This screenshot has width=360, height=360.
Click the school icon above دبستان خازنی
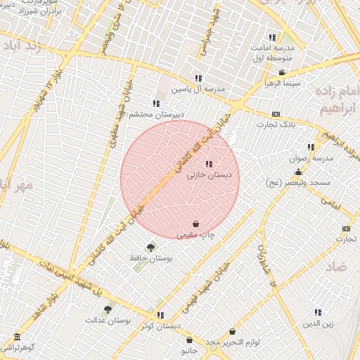(209, 164)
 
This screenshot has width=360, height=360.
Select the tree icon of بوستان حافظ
(150, 247)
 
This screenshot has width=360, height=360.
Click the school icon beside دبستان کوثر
(160, 315)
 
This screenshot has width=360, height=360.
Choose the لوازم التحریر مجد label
(229, 342)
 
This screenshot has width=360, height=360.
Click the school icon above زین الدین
(318, 312)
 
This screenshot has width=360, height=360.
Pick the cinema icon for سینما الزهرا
(282, 72)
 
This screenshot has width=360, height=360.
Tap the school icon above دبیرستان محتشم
(156, 103)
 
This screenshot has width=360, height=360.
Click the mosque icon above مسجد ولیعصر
(298, 172)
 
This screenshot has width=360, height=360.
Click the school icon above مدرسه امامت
(272, 37)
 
